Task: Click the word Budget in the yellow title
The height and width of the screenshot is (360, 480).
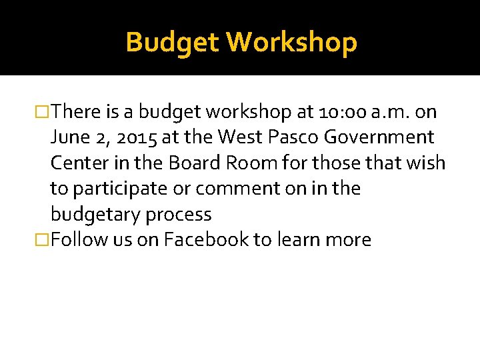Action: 173,43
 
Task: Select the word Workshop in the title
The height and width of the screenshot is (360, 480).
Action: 291,43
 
